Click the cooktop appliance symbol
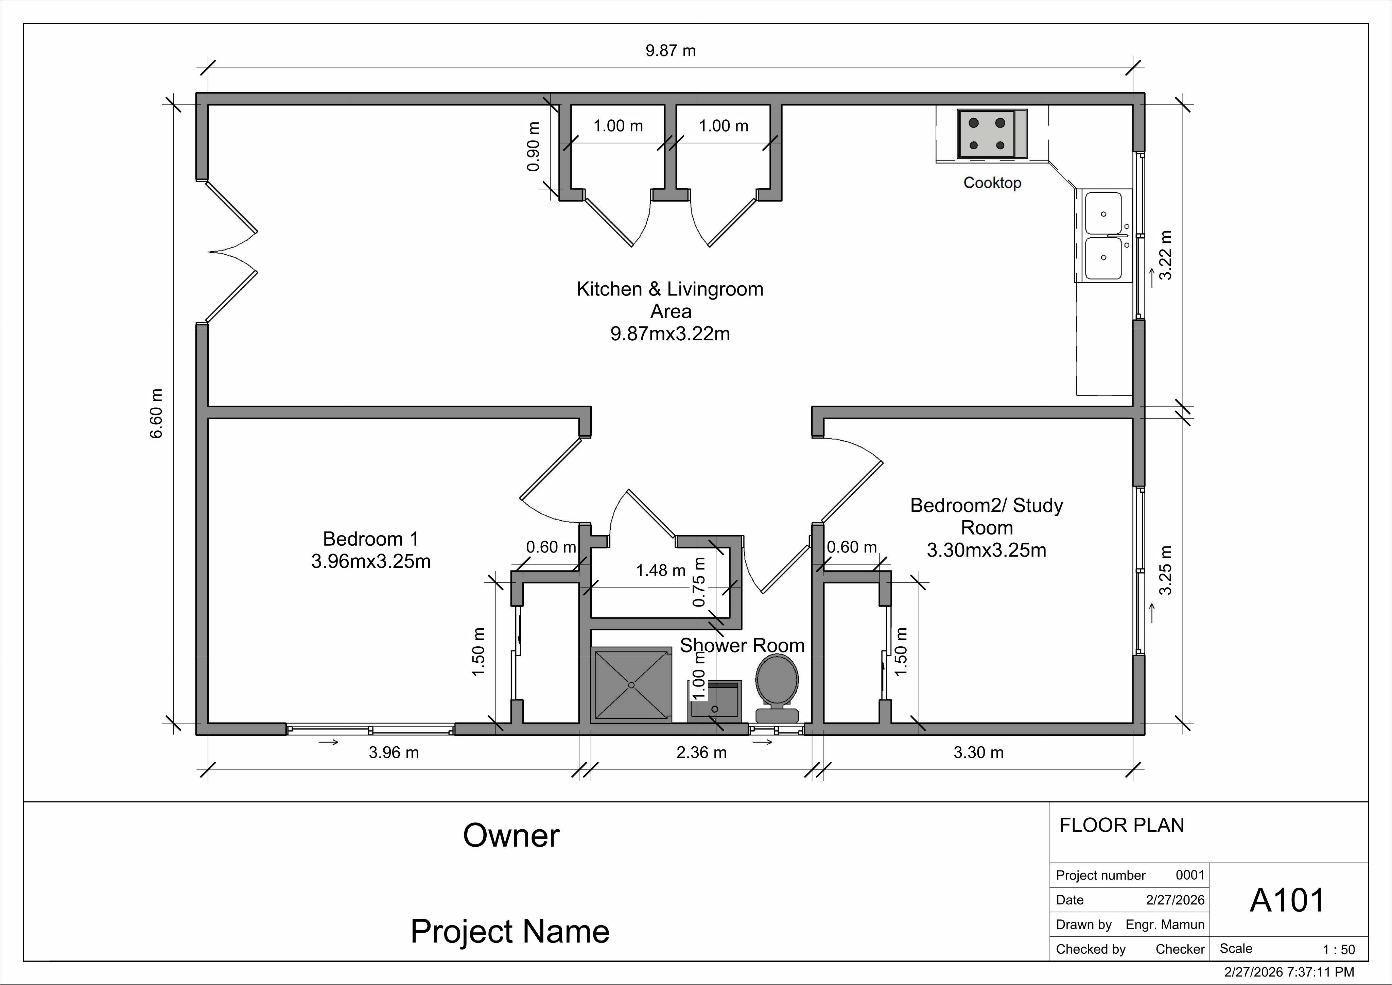[x=992, y=134]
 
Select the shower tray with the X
[x=632, y=685]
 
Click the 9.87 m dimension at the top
[x=671, y=50]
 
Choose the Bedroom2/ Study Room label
[x=987, y=528]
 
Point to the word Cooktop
[x=992, y=183]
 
